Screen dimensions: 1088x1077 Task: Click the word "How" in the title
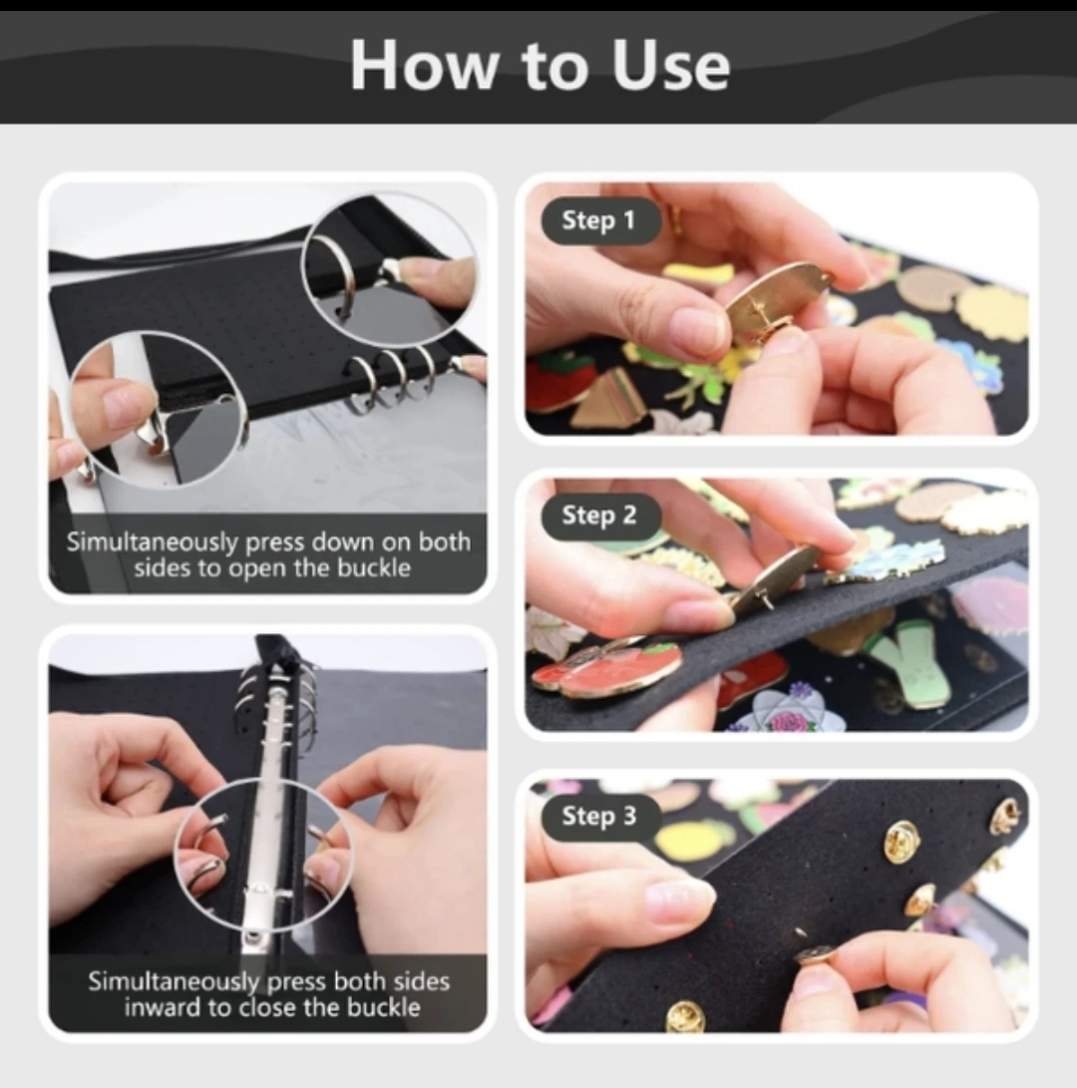point(425,66)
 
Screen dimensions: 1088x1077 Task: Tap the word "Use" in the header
point(671,66)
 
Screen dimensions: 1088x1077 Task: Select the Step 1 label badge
point(598,220)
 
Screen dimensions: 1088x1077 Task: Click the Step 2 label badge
point(598,516)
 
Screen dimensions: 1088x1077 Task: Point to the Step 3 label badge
point(598,817)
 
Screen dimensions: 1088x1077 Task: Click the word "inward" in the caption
point(161,1006)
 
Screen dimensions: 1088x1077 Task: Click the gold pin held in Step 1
point(777,298)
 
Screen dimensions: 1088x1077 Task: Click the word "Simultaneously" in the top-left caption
point(152,543)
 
